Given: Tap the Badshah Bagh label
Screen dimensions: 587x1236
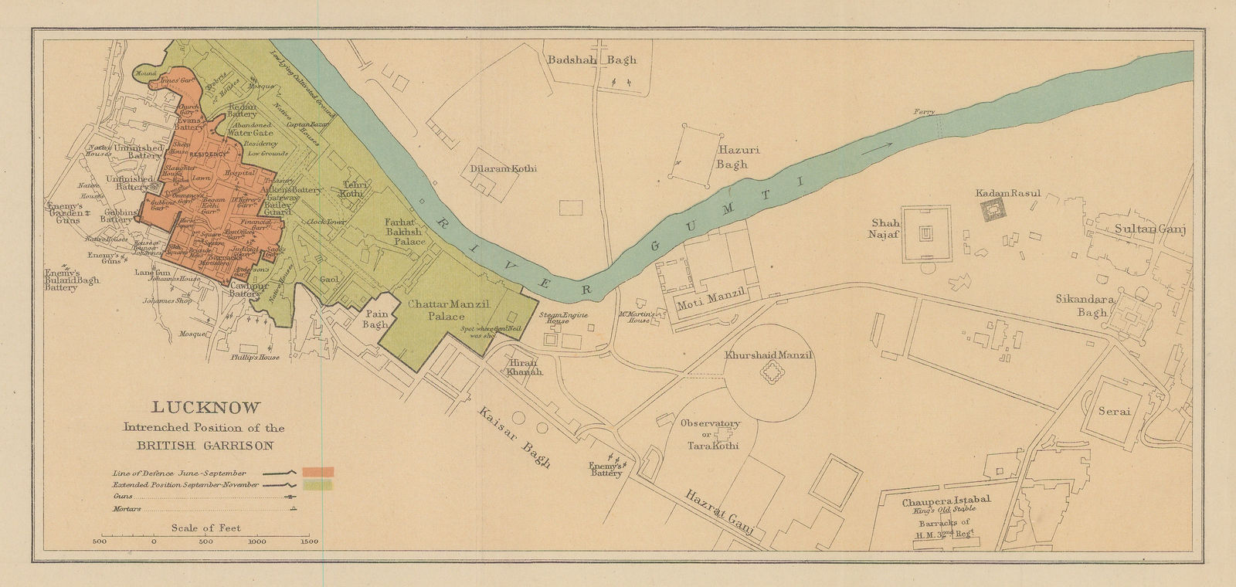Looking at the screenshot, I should click(x=589, y=59).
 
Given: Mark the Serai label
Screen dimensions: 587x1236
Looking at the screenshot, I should click(x=1115, y=412).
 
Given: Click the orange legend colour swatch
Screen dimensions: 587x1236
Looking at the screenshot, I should click(x=317, y=472).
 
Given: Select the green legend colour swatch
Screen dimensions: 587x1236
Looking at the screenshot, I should click(x=317, y=485).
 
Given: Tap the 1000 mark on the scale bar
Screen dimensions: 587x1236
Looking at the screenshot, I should click(x=255, y=541).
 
